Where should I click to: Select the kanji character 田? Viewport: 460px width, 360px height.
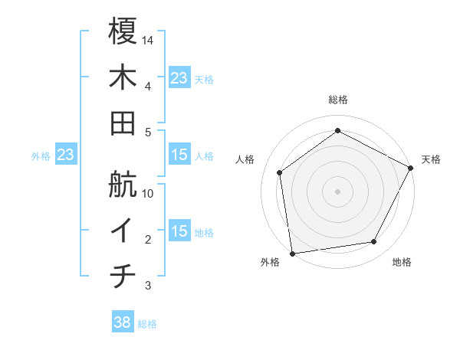123,123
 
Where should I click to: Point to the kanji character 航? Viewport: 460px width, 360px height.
123,185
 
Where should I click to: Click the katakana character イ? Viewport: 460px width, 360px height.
123,231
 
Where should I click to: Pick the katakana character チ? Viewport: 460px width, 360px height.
123,277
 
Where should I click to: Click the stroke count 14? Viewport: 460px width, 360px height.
148,40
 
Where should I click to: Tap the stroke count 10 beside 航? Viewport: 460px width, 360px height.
148,193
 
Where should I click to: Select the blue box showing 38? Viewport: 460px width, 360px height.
123,323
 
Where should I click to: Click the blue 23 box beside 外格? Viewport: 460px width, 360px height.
66,155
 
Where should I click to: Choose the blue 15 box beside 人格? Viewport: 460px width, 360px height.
179,155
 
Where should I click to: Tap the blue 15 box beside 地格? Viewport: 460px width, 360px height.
179,232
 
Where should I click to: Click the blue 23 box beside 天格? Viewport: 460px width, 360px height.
179,78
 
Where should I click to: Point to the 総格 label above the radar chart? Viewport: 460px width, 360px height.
337,100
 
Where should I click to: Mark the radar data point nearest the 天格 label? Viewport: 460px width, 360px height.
411,168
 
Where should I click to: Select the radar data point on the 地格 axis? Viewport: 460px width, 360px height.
374,242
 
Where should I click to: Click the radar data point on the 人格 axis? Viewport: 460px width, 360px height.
280,172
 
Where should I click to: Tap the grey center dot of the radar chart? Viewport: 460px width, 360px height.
337,191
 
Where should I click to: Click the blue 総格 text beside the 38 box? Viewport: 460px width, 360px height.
147,324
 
